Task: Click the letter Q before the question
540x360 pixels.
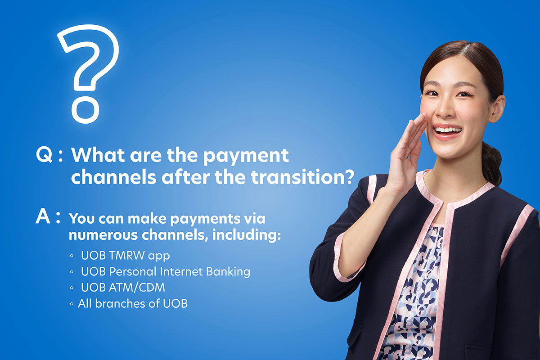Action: (x=44, y=155)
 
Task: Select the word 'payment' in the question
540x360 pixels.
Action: (x=246, y=156)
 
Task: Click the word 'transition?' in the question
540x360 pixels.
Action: (x=302, y=177)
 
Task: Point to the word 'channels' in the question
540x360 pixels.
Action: (x=113, y=177)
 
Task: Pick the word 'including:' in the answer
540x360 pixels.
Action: (x=247, y=235)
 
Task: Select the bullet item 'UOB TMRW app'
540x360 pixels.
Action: (x=126, y=256)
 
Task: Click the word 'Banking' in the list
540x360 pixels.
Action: (x=228, y=272)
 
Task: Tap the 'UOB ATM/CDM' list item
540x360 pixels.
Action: (x=123, y=288)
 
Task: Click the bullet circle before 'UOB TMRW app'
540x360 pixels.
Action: (x=72, y=256)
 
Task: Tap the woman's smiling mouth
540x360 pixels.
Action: (x=447, y=131)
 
